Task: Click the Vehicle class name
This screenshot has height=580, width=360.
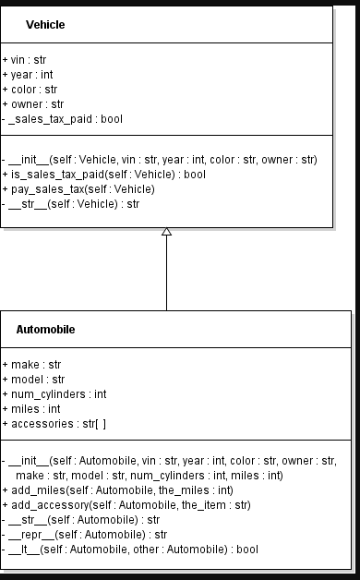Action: (x=45, y=24)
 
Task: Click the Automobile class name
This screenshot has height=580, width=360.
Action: (x=45, y=329)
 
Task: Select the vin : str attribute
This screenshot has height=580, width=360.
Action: (x=24, y=59)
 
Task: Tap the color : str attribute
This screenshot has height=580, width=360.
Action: (x=30, y=90)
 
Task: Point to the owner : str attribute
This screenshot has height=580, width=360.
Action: (x=32, y=104)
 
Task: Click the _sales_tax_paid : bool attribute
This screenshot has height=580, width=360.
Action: (x=62, y=119)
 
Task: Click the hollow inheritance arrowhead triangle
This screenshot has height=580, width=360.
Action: (x=166, y=232)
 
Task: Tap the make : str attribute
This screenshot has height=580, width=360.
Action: (x=30, y=365)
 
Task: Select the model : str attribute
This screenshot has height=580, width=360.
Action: (x=33, y=380)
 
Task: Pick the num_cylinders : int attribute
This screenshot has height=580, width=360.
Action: (x=54, y=394)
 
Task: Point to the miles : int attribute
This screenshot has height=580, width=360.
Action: (x=30, y=409)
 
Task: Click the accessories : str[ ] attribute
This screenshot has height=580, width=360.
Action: (x=54, y=424)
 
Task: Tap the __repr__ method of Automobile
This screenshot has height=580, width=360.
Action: (x=85, y=534)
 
